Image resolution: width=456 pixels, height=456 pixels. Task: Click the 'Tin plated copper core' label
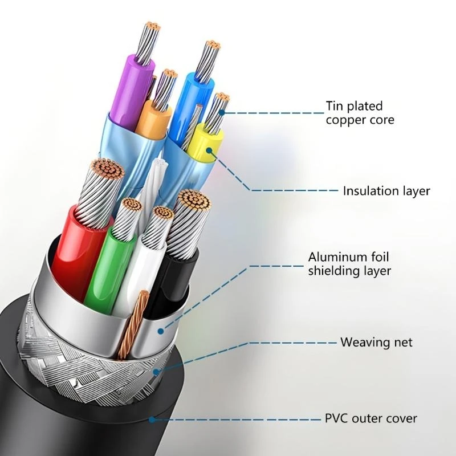pos(360,113)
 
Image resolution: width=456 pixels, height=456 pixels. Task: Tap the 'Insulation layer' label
pos(386,191)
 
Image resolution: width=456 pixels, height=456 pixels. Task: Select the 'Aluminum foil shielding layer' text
pos(349,264)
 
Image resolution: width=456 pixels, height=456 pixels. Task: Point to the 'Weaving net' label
pos(376,343)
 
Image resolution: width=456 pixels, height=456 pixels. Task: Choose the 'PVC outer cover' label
pos(370,419)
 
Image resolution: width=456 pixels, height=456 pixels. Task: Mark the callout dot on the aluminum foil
pos(161,329)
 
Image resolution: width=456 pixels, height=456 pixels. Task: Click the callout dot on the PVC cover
pos(150,420)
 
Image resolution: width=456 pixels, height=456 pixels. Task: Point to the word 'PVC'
pos(336,419)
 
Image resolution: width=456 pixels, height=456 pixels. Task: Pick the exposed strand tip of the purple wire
pos(152,27)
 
